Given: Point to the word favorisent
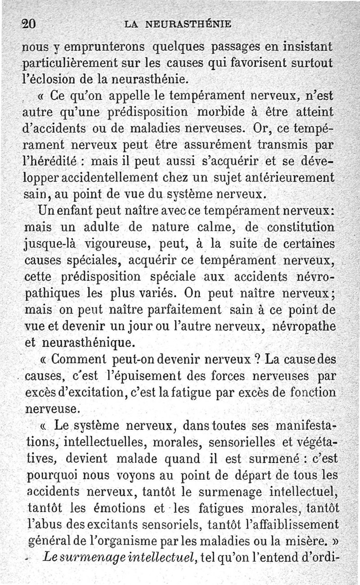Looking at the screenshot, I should (x=254, y=63).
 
